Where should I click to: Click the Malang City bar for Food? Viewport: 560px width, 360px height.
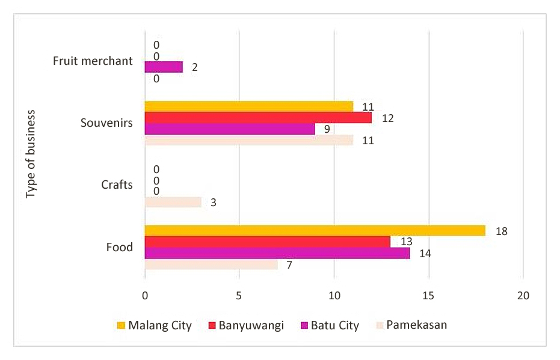pos(315,231)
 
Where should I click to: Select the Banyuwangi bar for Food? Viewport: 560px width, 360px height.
pos(267,242)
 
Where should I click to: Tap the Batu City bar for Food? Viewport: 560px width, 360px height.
pos(277,253)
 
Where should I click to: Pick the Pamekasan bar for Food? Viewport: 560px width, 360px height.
pos(211,264)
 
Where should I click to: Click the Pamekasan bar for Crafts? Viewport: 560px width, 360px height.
pos(173,202)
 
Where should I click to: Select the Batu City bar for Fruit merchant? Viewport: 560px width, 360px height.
pos(163,67)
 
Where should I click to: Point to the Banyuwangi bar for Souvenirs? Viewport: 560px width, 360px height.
pos(257,118)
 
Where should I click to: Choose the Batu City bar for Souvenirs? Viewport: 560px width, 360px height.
pos(229,129)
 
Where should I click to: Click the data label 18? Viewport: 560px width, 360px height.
pos(502,231)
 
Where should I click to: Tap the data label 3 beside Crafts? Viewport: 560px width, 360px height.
pos(214,203)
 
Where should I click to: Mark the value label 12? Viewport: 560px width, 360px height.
pos(387,118)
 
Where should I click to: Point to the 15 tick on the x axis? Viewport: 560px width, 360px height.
pos(428,296)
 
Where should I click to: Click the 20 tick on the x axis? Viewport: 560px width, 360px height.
pos(523,296)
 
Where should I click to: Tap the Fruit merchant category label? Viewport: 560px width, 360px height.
pos(93,61)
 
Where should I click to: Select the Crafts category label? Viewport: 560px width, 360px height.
pos(117,185)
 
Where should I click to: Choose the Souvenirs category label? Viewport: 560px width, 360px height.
pos(106,123)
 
